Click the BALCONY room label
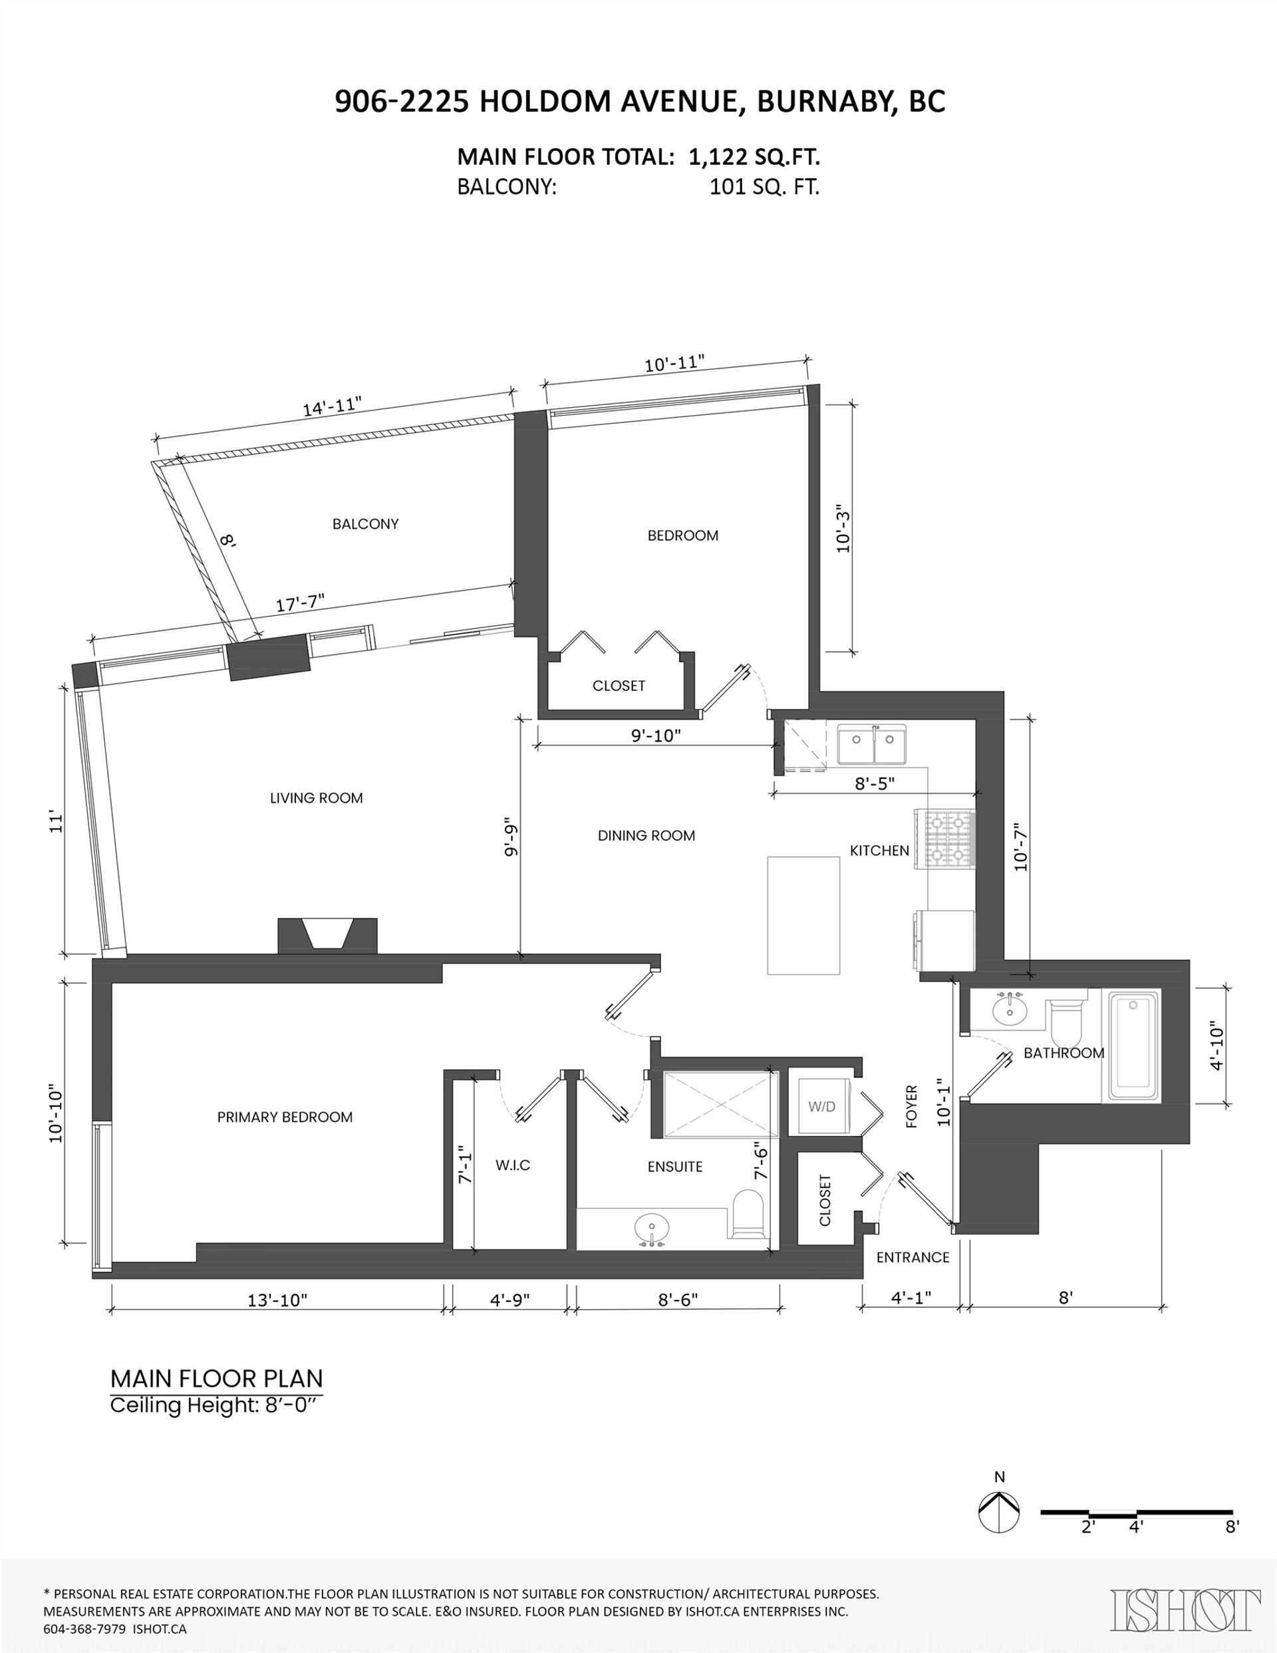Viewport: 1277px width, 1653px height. click(365, 524)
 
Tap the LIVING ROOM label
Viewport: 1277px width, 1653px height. click(317, 798)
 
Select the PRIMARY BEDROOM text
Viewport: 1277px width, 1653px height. click(285, 1117)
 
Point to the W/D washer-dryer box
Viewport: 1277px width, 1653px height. click(821, 1106)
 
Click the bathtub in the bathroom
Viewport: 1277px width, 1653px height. click(1134, 1046)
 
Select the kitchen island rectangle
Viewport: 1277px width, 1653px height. click(803, 916)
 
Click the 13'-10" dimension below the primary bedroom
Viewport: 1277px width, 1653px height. click(278, 1300)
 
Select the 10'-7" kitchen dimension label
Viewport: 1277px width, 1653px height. click(1022, 846)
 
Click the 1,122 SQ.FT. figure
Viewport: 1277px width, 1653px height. click(755, 158)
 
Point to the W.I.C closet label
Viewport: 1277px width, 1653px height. click(513, 1165)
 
